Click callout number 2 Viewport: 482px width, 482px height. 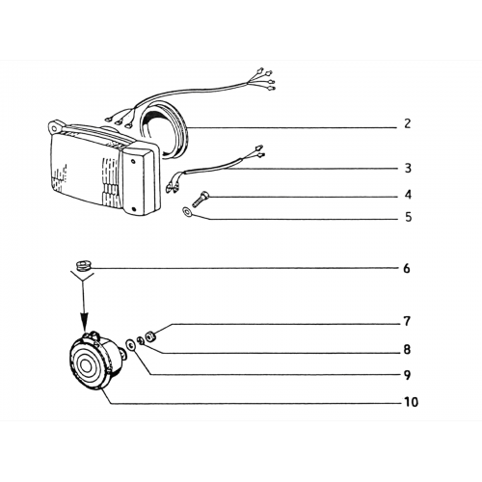tap(407, 123)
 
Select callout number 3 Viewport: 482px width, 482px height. tap(408, 168)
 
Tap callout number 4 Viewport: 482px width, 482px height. tap(408, 195)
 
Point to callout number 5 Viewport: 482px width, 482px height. tap(408, 217)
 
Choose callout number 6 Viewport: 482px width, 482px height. tap(407, 268)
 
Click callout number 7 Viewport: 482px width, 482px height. tap(407, 321)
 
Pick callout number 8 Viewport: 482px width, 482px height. tap(407, 349)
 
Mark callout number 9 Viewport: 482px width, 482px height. tap(407, 375)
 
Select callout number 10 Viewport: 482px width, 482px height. tap(411, 402)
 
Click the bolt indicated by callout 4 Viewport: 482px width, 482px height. tap(199, 199)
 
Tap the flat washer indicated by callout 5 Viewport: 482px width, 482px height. tap(186, 212)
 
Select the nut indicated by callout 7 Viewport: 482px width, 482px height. tap(149, 337)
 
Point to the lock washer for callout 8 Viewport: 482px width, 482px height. tap(141, 340)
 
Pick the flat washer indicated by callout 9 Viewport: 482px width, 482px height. tap(130, 345)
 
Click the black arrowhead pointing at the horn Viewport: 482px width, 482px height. tap(84, 324)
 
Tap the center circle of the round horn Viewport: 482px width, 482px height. tap(86, 366)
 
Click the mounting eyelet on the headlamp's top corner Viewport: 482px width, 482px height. tap(56, 126)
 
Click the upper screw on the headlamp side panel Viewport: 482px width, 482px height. tap(133, 162)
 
